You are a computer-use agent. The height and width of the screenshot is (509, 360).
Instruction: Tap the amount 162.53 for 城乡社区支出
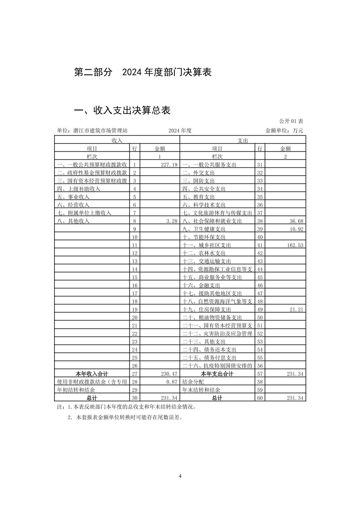(295, 245)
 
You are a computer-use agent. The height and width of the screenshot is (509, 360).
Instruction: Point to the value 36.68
(296, 221)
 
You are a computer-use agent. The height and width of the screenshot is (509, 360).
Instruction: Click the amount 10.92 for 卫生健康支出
(296, 229)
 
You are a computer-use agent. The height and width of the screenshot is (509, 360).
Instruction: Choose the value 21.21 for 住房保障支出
(296, 309)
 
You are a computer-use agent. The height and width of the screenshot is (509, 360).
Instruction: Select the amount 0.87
(171, 382)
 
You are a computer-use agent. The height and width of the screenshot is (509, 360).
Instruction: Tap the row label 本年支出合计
(217, 374)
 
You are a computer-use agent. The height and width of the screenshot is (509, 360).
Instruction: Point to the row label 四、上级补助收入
(79, 189)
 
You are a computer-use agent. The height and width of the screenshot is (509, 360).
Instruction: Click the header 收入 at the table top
(117, 141)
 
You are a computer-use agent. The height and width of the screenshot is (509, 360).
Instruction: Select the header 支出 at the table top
(243, 141)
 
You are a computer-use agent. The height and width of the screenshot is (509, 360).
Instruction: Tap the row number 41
(260, 245)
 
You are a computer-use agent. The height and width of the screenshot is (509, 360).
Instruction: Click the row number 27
(134, 374)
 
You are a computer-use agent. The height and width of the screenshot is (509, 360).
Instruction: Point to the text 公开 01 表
(291, 121)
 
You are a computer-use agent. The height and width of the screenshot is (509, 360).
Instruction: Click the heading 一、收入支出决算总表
(122, 110)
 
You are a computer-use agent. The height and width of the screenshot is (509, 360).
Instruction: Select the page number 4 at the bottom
(180, 476)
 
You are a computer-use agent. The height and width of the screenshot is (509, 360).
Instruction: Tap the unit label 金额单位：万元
(284, 131)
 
